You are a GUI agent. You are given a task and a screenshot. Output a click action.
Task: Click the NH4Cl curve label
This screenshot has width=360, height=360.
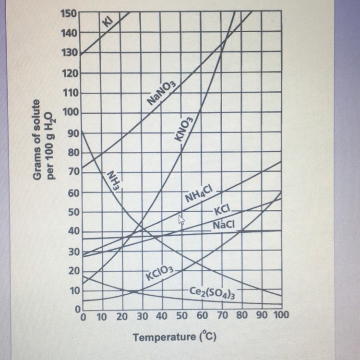pyautogui.click(x=202, y=196)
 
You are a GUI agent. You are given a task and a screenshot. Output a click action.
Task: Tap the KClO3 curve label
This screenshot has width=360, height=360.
pyautogui.click(x=159, y=275)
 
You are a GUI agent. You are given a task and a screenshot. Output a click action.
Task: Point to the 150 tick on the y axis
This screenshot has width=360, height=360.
pyautogui.click(x=69, y=12)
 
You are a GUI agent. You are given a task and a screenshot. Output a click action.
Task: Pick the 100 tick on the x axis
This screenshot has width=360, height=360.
pyautogui.click(x=280, y=316)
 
